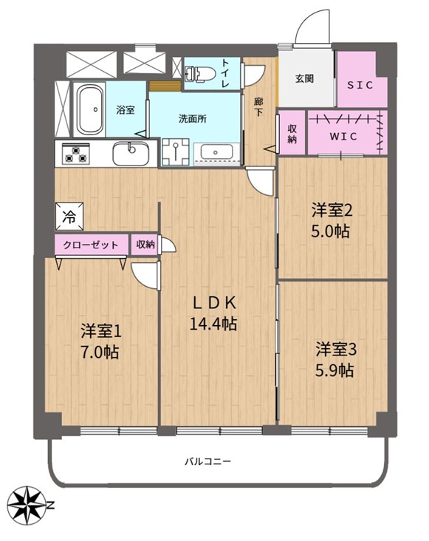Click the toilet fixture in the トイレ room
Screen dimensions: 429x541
click(x=199, y=73)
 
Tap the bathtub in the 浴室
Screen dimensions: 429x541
click(x=90, y=109)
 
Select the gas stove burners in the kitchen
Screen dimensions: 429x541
click(x=76, y=154)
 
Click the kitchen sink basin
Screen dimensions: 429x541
click(x=131, y=153)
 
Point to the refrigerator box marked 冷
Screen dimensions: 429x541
click(x=69, y=217)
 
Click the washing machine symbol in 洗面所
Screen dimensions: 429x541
click(x=176, y=152)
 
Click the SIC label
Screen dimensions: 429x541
click(x=360, y=85)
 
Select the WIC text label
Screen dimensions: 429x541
click(x=343, y=137)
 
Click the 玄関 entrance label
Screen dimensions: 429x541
click(x=305, y=78)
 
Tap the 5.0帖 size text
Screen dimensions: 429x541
click(x=331, y=231)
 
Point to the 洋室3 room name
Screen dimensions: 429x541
click(x=336, y=350)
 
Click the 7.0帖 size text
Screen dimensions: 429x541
click(x=100, y=353)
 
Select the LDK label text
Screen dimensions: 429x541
click(x=214, y=303)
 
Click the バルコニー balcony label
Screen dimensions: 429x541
click(x=207, y=461)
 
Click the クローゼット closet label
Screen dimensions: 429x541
click(x=91, y=245)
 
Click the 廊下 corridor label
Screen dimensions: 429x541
click(x=258, y=107)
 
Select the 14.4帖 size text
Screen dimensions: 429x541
click(x=213, y=324)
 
